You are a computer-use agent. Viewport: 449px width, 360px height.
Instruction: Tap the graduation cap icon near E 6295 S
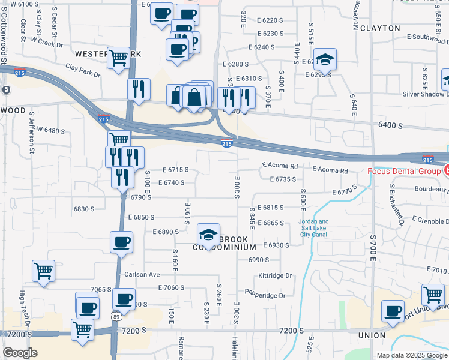(325, 59)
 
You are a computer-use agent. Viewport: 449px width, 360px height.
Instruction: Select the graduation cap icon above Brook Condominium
(208, 233)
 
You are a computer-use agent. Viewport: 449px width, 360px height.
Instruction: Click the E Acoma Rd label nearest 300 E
(280, 166)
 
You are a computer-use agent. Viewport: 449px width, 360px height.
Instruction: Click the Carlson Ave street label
(142, 274)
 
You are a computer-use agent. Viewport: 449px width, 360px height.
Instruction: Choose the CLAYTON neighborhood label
(379, 28)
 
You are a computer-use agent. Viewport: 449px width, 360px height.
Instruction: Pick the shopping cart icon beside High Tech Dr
(43, 271)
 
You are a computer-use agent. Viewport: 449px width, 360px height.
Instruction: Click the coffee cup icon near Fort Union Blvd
(393, 311)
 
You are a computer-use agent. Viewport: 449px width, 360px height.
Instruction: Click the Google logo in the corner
(20, 353)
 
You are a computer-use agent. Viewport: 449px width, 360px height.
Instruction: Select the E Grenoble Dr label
(426, 221)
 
